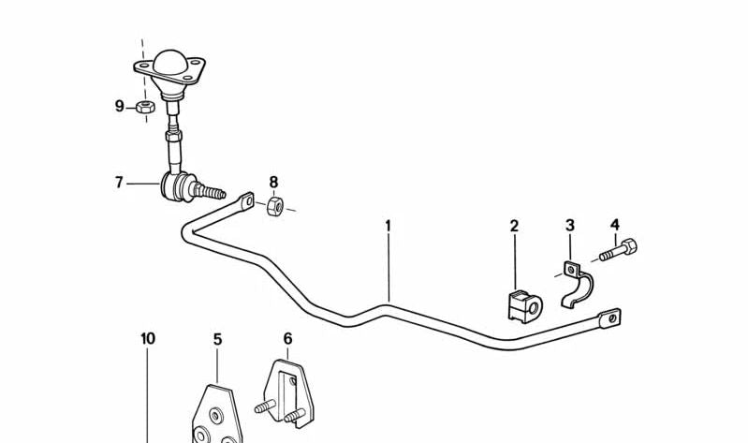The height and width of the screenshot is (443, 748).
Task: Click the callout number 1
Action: [x=388, y=226]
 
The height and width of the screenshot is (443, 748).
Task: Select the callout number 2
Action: [x=514, y=226]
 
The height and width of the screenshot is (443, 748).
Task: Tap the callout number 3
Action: [x=569, y=226]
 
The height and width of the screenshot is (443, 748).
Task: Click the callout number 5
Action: [x=217, y=339]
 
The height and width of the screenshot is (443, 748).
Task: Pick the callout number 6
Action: [x=287, y=339]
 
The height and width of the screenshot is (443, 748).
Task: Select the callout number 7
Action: [x=119, y=183]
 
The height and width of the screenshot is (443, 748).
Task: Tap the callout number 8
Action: [x=273, y=182]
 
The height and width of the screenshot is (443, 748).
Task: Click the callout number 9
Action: [x=119, y=106]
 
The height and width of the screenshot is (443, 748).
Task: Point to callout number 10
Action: [x=148, y=338]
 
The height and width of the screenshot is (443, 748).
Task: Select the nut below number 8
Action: [x=275, y=207]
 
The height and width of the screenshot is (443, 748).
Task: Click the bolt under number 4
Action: [x=621, y=251]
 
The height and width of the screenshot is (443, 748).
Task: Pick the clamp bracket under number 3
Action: [x=576, y=285]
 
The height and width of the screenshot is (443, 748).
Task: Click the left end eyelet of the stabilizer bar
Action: [x=246, y=200]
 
